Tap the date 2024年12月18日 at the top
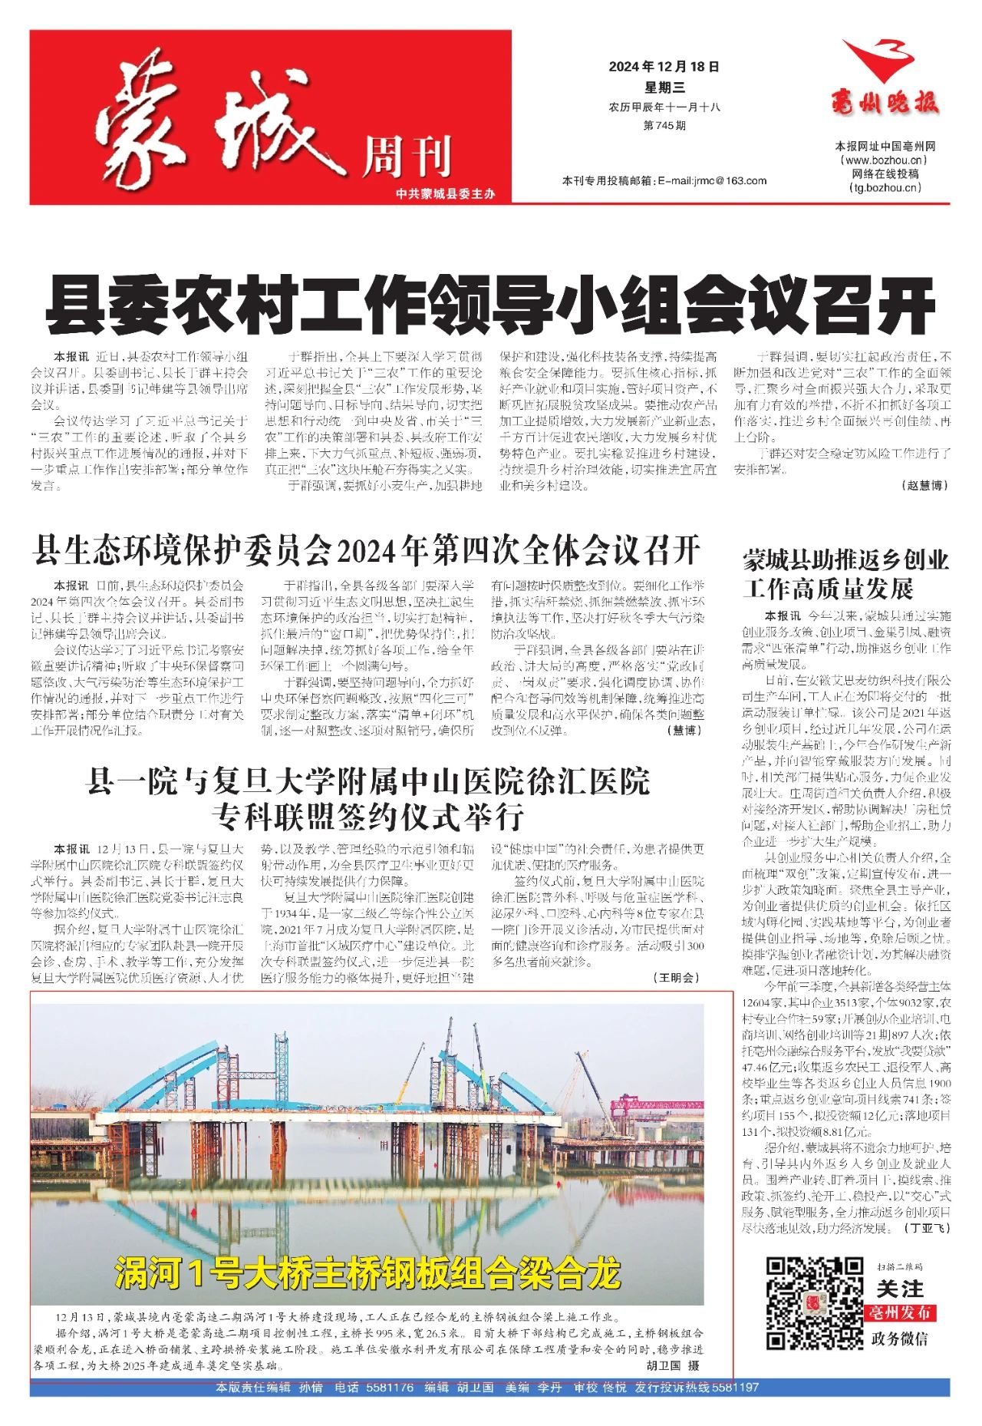point(664,67)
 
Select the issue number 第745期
point(664,125)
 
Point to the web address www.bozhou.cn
point(885,160)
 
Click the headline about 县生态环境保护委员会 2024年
point(366,550)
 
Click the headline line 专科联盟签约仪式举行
point(367,817)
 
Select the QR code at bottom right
point(815,1303)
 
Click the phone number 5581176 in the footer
point(390,1387)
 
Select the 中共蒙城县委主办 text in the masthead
point(446,194)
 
